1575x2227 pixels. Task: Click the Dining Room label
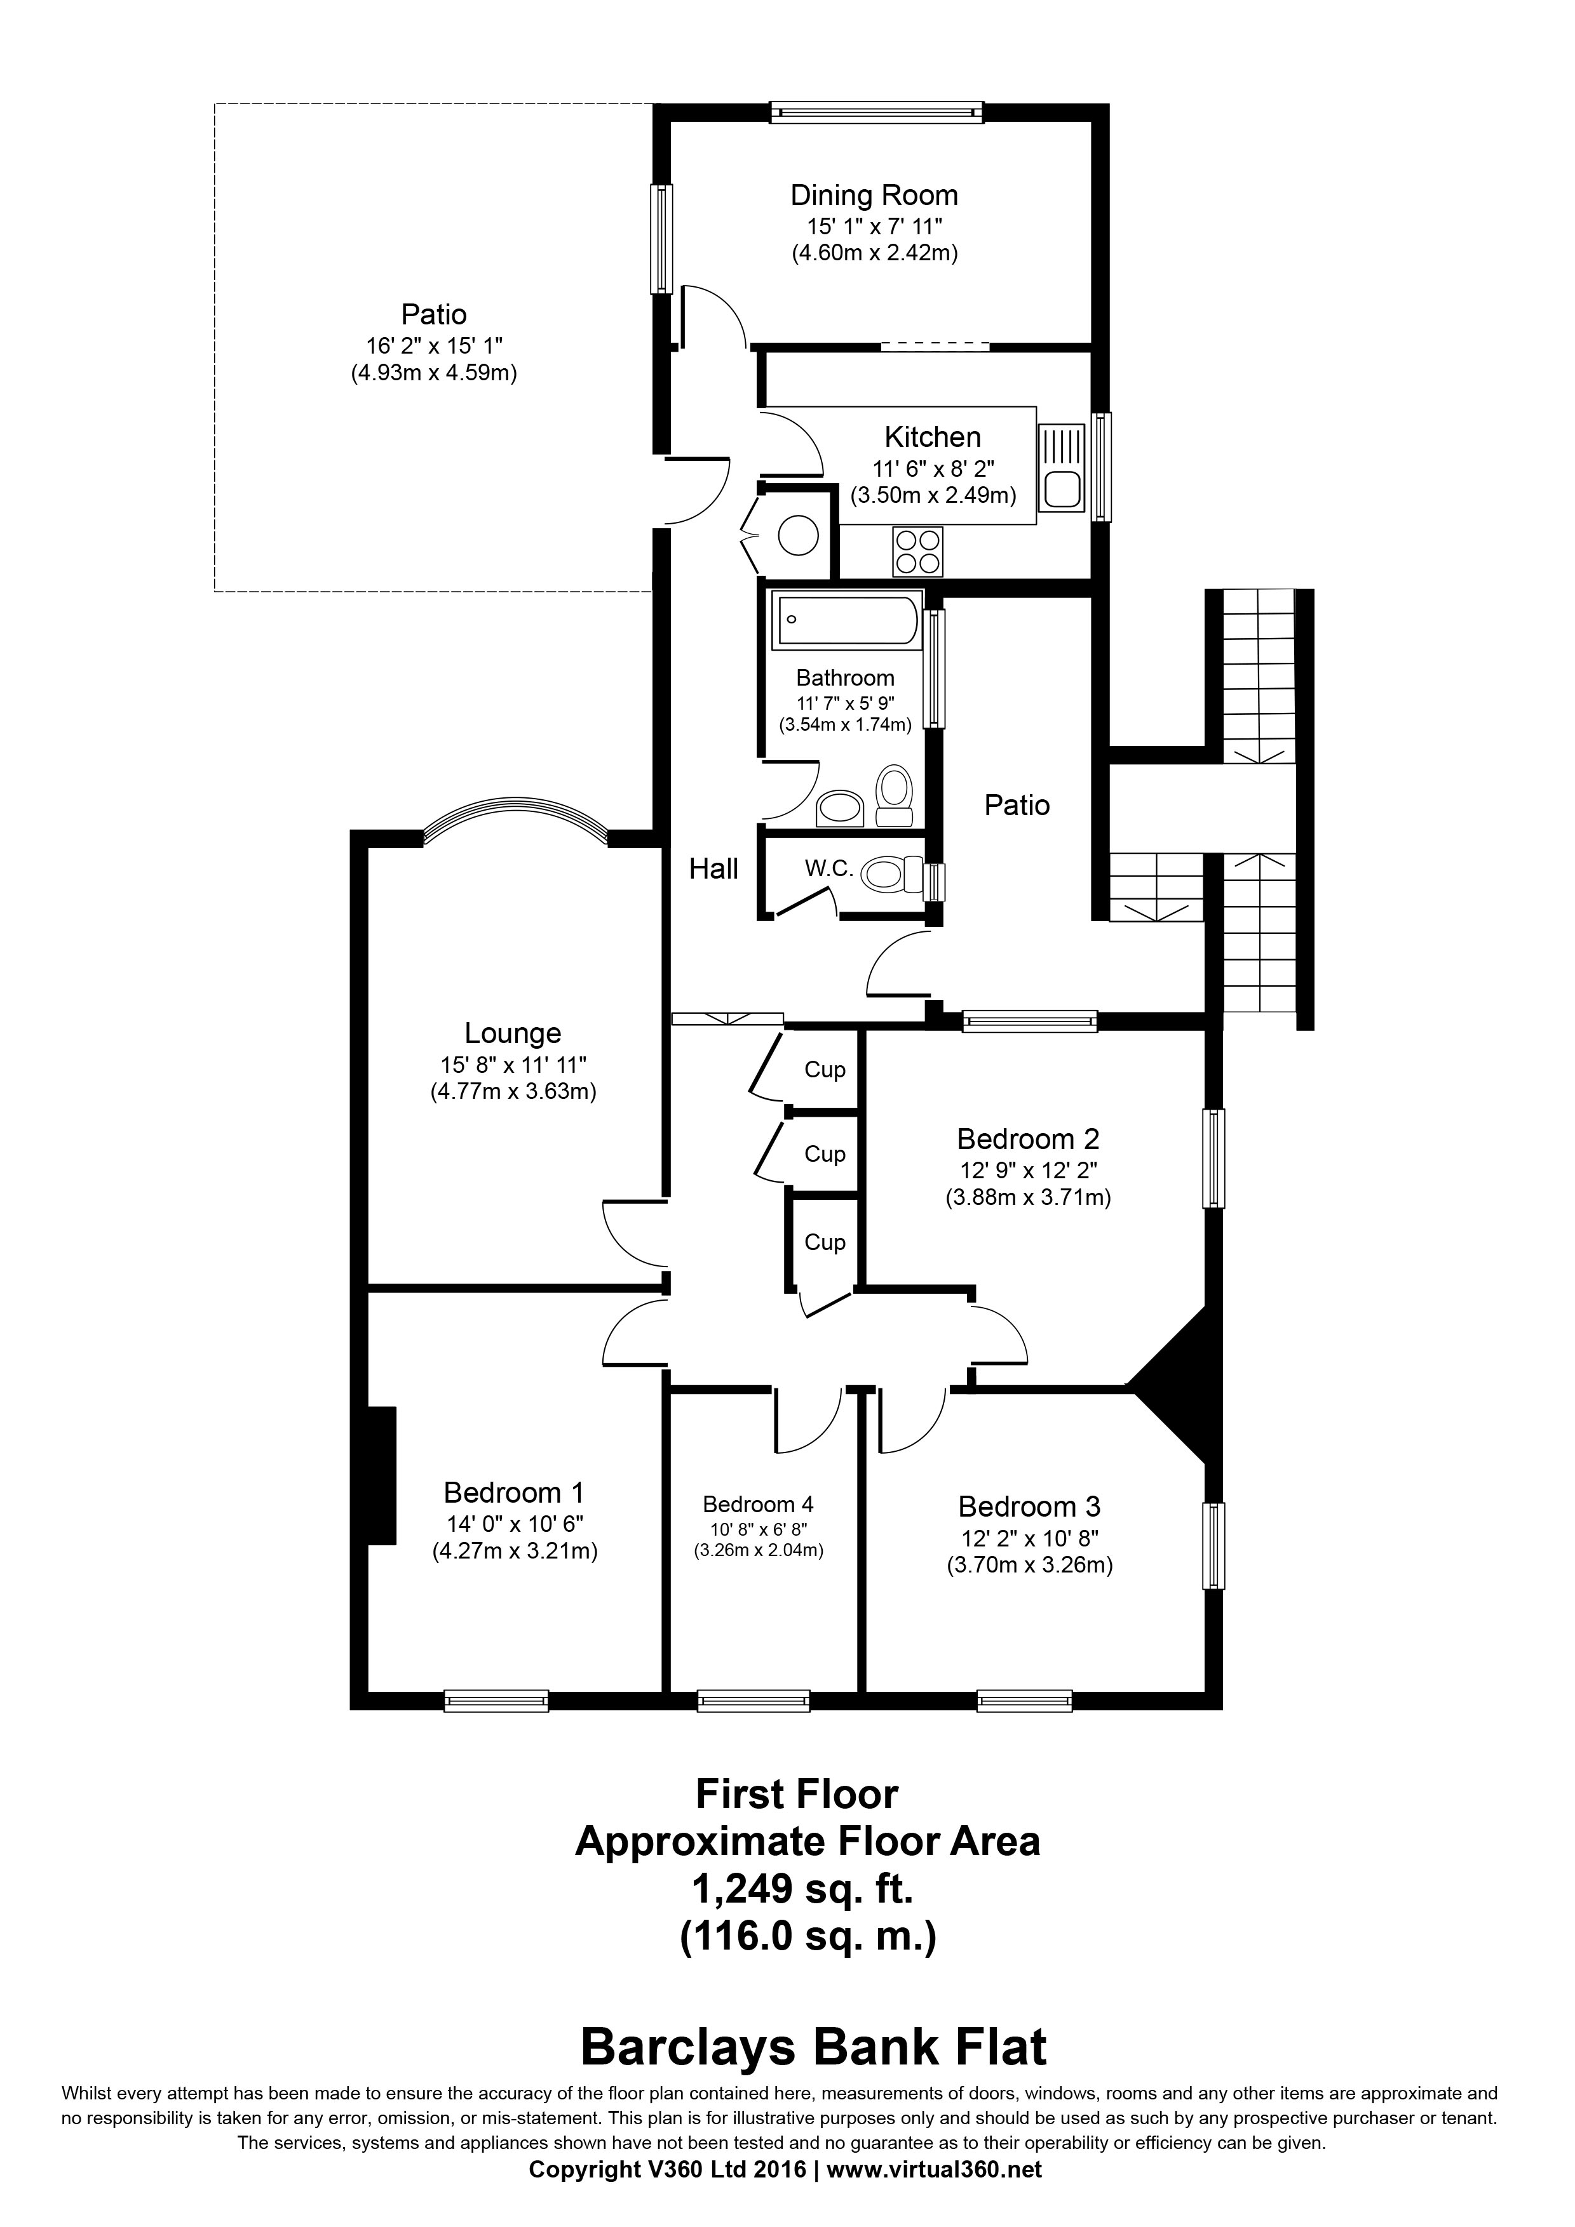[874, 196]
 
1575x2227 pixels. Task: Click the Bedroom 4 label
[758, 1505]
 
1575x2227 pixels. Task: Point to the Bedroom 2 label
[1028, 1139]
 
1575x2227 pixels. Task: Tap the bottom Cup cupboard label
[825, 1242]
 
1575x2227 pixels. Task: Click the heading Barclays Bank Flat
[813, 2047]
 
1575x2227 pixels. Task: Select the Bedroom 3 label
[1029, 1506]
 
